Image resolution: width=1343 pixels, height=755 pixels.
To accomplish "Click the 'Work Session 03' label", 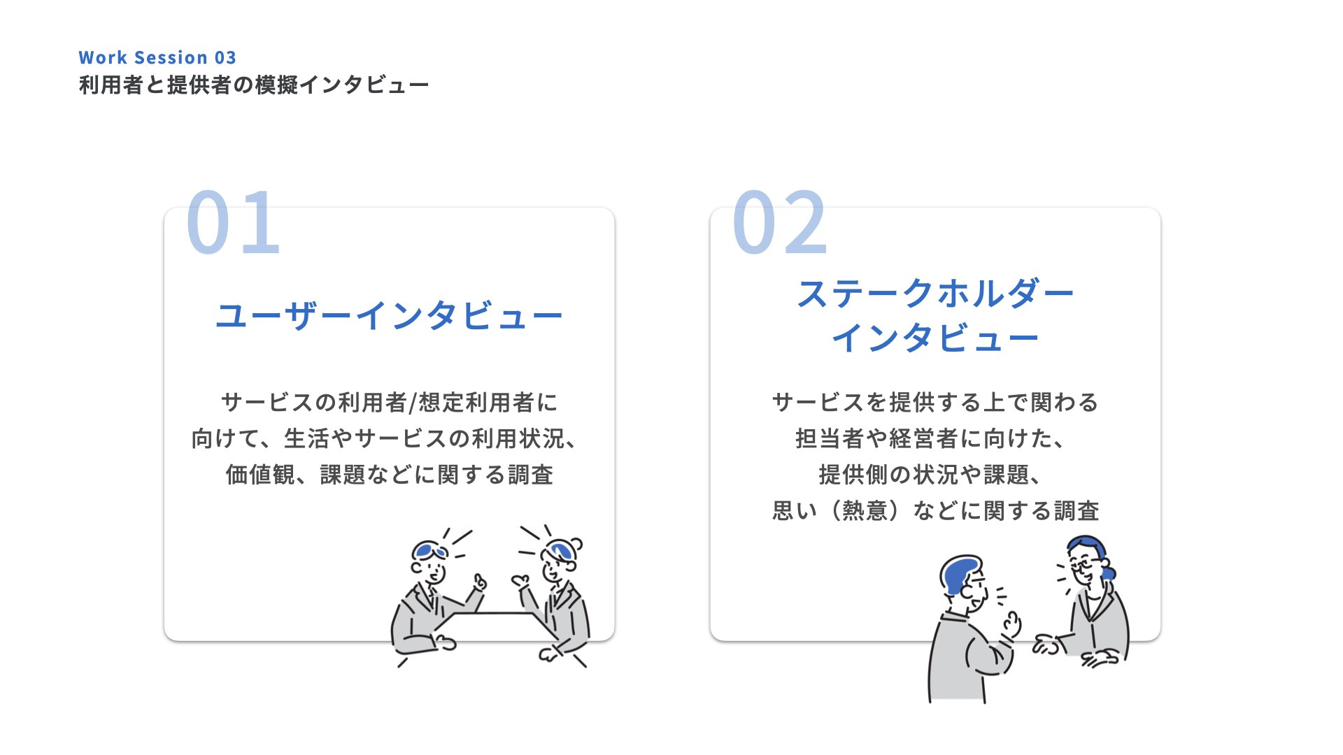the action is pos(157,57).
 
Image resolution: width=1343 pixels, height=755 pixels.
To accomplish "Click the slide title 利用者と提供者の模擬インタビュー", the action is pos(253,85).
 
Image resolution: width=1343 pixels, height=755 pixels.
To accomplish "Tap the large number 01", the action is pos(234,222).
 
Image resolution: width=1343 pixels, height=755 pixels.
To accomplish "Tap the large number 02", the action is pos(780,222).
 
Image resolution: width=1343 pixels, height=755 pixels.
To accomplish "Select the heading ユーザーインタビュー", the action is pos(389,316).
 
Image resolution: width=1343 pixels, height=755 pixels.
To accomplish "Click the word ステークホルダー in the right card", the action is pos(935,294).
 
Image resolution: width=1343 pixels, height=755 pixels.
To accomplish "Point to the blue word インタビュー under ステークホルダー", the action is pos(935,338).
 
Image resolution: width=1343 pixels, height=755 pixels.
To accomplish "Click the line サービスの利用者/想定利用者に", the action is pos(389,403).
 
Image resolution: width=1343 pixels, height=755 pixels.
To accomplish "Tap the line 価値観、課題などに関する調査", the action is pos(389,475).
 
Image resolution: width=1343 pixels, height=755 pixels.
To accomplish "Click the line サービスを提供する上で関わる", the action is pos(935,403).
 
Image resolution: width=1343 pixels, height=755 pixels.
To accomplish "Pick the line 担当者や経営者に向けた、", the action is pos(930,439).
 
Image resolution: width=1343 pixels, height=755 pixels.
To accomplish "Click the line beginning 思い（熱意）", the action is pos(935,511).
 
